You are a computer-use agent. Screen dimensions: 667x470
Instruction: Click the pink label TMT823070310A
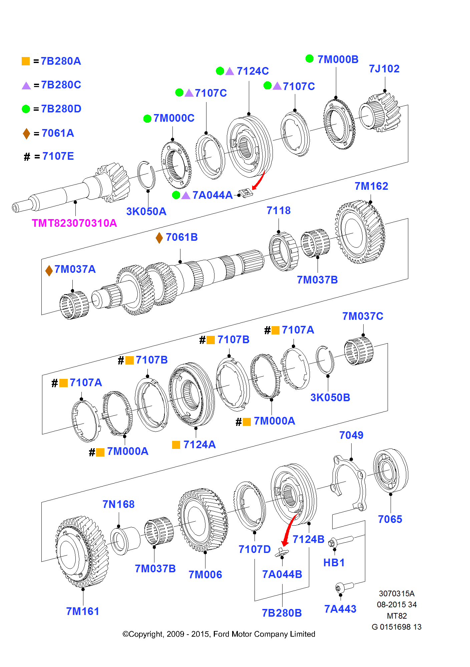pyautogui.click(x=74, y=223)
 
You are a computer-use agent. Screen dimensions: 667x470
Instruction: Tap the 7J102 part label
pyautogui.click(x=384, y=69)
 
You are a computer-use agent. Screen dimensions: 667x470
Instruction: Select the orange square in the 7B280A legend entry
pyautogui.click(x=26, y=61)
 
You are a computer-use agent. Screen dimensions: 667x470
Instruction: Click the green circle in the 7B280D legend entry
pyautogui.click(x=26, y=109)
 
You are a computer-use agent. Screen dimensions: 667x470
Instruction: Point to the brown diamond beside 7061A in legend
pyautogui.click(x=26, y=133)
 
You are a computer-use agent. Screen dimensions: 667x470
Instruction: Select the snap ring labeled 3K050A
pyautogui.click(x=146, y=176)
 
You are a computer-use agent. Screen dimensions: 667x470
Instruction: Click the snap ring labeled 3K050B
pyautogui.click(x=325, y=360)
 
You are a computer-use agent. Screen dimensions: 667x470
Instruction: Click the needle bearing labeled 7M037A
pyautogui.click(x=74, y=305)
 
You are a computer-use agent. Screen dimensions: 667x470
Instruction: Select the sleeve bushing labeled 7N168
pyautogui.click(x=124, y=540)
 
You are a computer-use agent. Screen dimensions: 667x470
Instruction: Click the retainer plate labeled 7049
pyautogui.click(x=349, y=484)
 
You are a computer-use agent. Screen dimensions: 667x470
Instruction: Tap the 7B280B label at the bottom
pyautogui.click(x=282, y=613)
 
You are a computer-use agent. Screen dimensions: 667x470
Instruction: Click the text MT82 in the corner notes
pyautogui.click(x=397, y=616)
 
